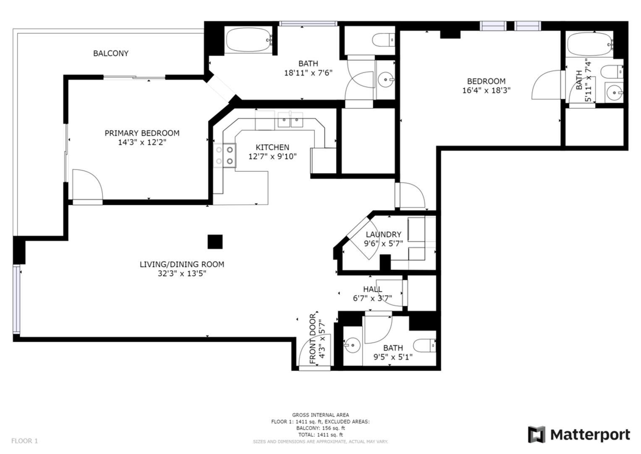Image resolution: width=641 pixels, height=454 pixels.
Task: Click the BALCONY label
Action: pos(111,53)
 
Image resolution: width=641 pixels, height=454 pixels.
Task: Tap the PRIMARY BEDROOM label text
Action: pos(142,133)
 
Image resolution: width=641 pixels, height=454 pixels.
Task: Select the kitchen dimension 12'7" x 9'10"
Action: pos(272,156)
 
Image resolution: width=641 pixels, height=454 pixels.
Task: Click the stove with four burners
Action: pos(225,156)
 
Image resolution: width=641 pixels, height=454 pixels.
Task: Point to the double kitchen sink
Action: pos(290,119)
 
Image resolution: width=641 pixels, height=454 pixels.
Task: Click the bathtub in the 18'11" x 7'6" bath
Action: pos(249,40)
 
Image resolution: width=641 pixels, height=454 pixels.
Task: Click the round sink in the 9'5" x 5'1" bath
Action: pos(352,345)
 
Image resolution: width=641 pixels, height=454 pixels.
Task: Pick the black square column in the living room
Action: pos(215,242)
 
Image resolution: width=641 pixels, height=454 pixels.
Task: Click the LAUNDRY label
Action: pos(383,235)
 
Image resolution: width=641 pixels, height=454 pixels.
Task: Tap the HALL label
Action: pos(373,289)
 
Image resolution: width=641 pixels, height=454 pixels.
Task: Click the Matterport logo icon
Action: pos(536,434)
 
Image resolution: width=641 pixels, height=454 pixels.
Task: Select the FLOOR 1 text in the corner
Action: pos(25,441)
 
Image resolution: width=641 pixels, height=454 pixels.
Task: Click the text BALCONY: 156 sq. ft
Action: pos(321,428)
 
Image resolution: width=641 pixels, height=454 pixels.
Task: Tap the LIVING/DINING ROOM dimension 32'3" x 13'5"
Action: pos(182,273)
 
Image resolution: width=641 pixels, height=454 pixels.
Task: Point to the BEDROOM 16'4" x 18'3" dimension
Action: pos(487,90)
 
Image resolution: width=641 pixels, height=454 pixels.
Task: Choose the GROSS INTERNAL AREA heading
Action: pos(321,415)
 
